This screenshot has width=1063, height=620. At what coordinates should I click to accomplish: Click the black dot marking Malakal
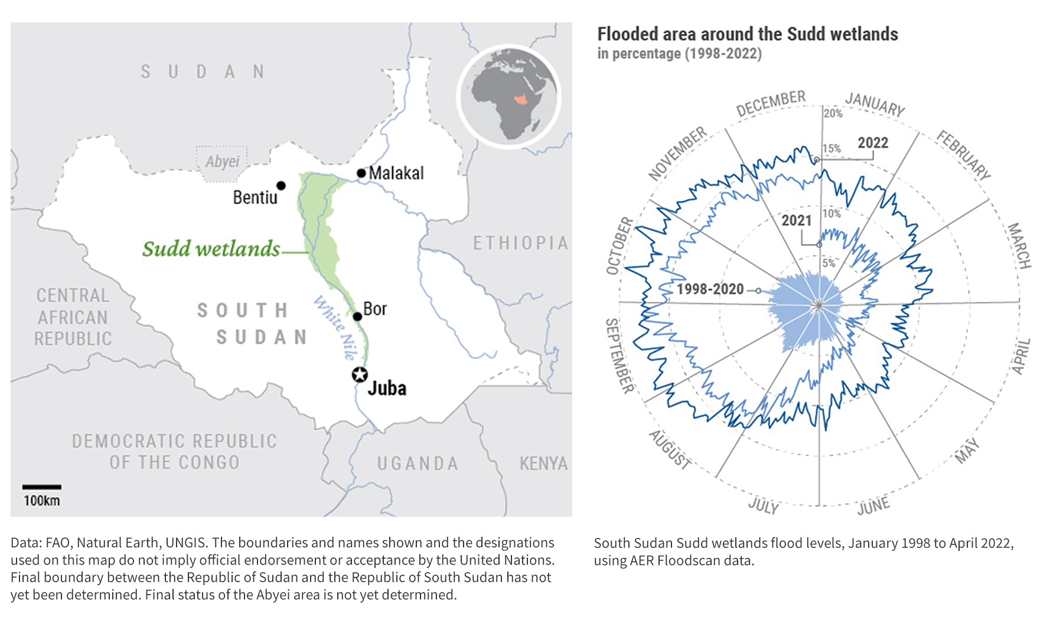click(x=361, y=173)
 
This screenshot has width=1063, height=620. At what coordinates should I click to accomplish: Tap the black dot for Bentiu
click(x=281, y=185)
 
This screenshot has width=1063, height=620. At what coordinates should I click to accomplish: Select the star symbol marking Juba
click(x=360, y=374)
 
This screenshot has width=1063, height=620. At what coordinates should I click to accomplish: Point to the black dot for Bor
click(x=357, y=316)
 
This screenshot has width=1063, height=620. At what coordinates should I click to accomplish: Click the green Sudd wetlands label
click(x=211, y=249)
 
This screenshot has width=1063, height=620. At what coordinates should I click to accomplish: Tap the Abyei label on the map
click(x=222, y=161)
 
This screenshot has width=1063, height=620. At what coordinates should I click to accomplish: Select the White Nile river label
click(x=335, y=328)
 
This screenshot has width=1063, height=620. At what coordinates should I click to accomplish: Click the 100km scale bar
click(x=41, y=487)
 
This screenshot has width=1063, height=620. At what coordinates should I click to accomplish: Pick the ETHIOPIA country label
click(x=520, y=243)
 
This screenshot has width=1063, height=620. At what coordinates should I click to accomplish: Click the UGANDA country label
click(x=418, y=464)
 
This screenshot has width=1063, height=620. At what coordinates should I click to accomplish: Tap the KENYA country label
click(x=543, y=464)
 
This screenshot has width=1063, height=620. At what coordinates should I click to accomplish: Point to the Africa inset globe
click(x=509, y=96)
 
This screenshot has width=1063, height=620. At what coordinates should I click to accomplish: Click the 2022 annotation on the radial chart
click(x=872, y=143)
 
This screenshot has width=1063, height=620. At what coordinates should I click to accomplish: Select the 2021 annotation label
click(x=797, y=220)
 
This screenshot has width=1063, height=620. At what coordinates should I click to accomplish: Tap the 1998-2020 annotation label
click(x=710, y=289)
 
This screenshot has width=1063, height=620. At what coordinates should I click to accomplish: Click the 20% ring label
click(x=833, y=113)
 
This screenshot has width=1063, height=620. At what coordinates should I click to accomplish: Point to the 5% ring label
click(x=829, y=263)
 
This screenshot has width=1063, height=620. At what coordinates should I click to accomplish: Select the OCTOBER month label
click(x=619, y=246)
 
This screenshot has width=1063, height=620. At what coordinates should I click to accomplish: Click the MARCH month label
click(x=1019, y=246)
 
